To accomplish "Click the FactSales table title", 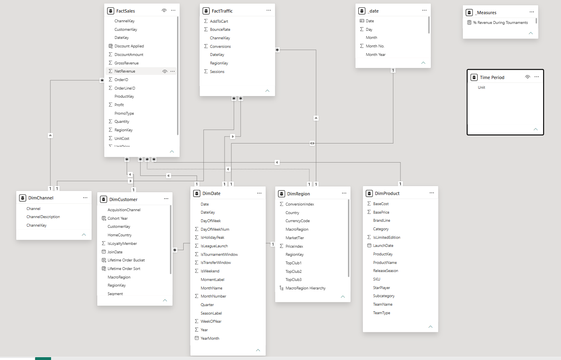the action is pos(126,11).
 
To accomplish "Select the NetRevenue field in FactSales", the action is pos(125,71).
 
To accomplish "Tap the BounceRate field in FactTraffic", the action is pos(220,29).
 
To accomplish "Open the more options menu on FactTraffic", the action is pos(268,10).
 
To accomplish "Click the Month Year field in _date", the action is pos(375,54).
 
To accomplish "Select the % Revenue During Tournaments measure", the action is pos(500,23).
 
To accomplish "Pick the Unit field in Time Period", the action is pos(482,88).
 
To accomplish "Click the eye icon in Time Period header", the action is pos(527,77).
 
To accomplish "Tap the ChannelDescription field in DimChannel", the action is pos(43,217).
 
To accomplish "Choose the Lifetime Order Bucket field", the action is pos(126,260).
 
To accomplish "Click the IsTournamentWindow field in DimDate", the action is pos(219,254).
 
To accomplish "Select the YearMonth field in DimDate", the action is pos(210,338).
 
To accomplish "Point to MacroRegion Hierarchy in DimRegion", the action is pos(305,288).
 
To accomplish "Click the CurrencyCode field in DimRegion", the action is pos(298,221).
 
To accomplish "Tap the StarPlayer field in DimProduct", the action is pos(381,287).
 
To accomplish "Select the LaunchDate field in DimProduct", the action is pos(383,246).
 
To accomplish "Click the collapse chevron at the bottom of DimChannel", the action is pos(84,235).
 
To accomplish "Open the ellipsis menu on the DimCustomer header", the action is pos(166,199).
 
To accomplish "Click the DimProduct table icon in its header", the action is pos(369,193).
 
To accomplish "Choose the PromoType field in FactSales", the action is pos(124,113).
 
